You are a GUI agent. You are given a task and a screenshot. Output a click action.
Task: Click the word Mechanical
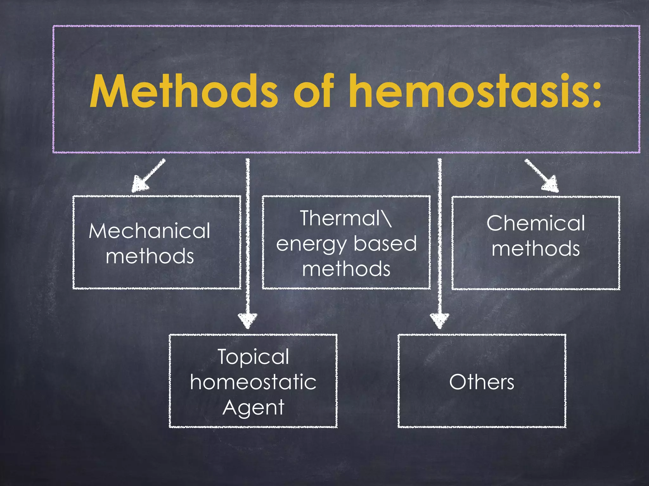pos(150,231)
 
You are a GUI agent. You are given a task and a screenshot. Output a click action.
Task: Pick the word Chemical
pos(536,223)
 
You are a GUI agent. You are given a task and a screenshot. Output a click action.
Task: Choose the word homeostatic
pos(253,382)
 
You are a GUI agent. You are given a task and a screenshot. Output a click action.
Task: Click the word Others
pos(482,382)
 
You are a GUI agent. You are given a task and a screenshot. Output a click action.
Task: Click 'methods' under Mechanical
pos(150,256)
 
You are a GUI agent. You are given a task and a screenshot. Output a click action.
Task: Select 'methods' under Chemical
pos(536,249)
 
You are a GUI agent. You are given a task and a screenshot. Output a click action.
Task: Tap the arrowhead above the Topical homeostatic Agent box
pos(248,320)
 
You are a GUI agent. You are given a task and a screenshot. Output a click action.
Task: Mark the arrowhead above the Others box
pos(440,320)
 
